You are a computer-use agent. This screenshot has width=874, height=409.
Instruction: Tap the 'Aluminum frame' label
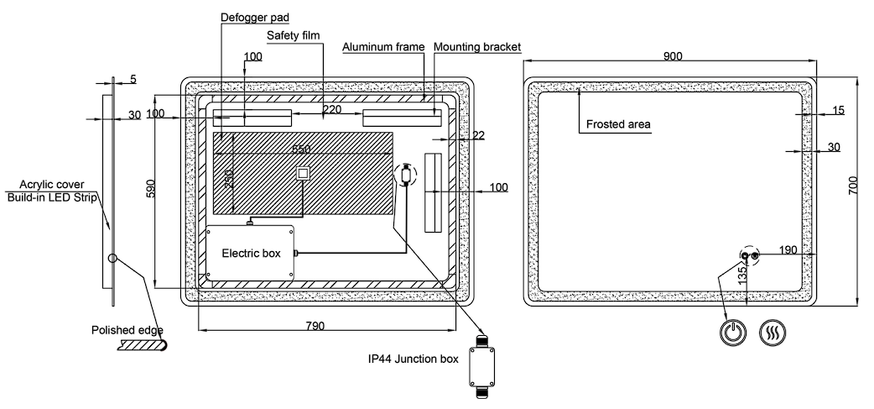coord(383,47)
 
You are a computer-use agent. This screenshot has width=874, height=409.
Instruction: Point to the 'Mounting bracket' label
coord(477,47)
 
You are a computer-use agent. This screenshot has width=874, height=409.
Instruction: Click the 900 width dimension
coord(672,56)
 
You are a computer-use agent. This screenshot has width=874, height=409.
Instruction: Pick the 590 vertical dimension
coord(151,187)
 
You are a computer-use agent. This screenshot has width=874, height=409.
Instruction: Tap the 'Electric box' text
coord(251,253)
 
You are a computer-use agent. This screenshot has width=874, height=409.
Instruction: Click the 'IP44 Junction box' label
coord(413,359)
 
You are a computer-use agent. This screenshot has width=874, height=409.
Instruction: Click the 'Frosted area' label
coord(618,124)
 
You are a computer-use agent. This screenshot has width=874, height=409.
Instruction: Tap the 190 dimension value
coord(788,249)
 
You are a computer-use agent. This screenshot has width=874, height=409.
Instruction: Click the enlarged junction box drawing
coord(482,362)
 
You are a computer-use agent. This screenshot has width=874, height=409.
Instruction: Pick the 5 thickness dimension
coord(133,80)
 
